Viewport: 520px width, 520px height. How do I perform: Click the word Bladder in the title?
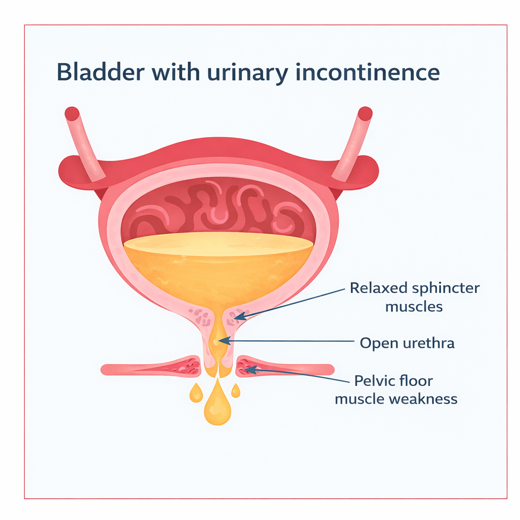coord(102,72)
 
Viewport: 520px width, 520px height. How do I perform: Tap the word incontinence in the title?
coord(367,72)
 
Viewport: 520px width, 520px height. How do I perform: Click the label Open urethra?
coord(407,343)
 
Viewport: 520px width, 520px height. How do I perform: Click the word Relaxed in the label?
coord(379,288)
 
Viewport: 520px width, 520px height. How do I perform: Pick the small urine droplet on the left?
coord(196,392)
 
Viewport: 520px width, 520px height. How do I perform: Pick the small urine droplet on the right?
coord(236,390)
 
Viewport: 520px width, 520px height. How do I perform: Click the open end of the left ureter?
coord(72,114)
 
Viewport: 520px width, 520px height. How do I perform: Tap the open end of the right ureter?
coord(365,114)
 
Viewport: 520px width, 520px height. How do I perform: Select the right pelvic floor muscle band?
coord(284,368)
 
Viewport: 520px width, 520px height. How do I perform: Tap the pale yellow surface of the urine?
coord(218,242)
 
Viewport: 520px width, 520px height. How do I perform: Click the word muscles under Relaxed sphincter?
coord(414,307)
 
